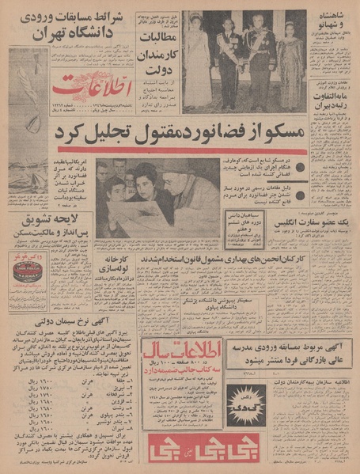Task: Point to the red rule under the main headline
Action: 182,150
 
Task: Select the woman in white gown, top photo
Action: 197,59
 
